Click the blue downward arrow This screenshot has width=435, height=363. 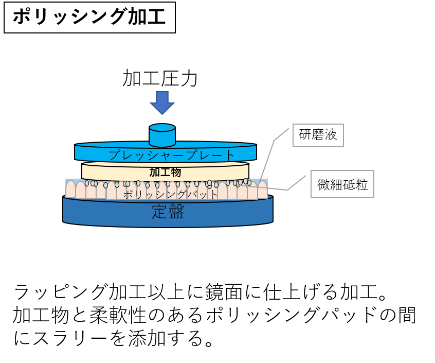pyautogui.click(x=162, y=102)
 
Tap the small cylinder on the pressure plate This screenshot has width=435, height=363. pyautogui.click(x=162, y=137)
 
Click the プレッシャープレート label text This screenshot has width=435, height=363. pyautogui.click(x=172, y=154)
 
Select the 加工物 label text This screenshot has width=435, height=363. pyautogui.click(x=165, y=172)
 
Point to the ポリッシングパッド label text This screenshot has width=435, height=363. pyautogui.click(x=171, y=195)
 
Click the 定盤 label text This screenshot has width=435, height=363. pyautogui.click(x=168, y=212)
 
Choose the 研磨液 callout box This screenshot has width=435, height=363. pyautogui.click(x=318, y=135)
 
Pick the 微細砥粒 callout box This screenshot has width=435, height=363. pyautogui.click(x=342, y=184)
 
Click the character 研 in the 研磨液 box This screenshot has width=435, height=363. pyautogui.click(x=305, y=135)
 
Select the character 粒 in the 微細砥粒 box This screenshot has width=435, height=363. pyautogui.click(x=362, y=184)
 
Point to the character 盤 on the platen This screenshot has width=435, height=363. pyautogui.click(x=176, y=212)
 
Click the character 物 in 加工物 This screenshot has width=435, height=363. pyautogui.click(x=176, y=172)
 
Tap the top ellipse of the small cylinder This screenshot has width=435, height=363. pyautogui.click(x=162, y=127)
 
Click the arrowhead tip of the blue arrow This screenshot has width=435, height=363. pyautogui.click(x=162, y=113)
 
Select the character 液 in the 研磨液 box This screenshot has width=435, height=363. pyautogui.click(x=331, y=135)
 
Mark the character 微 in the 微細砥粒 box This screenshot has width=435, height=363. pyautogui.click(x=323, y=184)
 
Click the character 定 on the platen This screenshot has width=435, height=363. pyautogui.click(x=159, y=212)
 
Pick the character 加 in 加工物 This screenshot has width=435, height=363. pyautogui.click(x=155, y=172)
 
